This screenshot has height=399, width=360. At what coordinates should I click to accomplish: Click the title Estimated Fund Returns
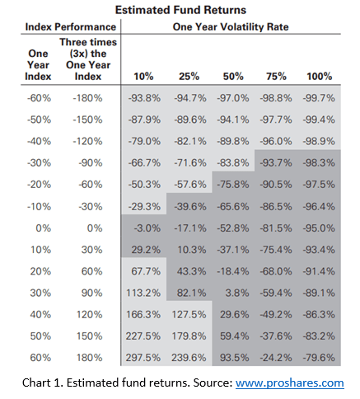pos(180,11)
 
